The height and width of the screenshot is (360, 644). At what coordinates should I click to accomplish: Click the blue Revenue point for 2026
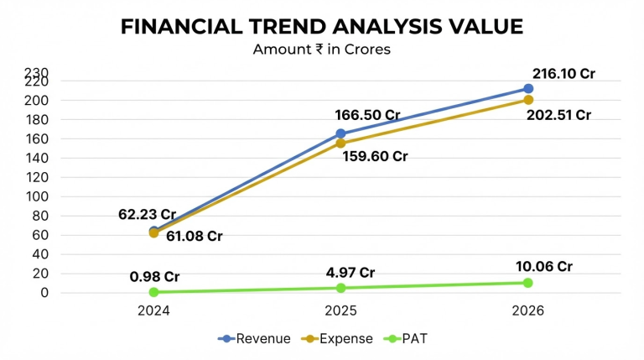528,89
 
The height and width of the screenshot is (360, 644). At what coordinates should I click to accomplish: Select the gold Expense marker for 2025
340,143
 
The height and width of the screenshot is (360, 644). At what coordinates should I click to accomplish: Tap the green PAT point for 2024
153,292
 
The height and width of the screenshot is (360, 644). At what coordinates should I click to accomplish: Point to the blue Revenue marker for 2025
340,133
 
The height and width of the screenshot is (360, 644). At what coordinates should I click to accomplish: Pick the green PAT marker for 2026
528,283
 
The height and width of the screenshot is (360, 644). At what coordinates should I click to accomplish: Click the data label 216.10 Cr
563,74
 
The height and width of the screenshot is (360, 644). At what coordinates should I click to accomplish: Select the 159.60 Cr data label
375,156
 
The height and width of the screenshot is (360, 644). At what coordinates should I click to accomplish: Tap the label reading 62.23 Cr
147,214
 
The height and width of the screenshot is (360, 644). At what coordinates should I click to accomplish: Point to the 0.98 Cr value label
154,277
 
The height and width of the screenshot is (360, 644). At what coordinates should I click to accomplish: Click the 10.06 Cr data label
543,266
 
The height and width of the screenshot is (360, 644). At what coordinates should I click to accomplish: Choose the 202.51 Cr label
558,115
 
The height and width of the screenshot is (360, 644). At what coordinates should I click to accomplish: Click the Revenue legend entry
254,339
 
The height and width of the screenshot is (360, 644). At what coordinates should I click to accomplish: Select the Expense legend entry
337,339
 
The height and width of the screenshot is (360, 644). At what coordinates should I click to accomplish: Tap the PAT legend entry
405,339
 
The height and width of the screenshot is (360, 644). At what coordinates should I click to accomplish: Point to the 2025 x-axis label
340,310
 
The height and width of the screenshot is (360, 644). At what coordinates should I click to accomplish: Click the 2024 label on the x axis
153,310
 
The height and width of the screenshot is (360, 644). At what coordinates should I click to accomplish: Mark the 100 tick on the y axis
38,196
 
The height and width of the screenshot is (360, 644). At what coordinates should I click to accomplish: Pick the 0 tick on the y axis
44,293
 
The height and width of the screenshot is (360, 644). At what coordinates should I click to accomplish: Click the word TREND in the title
287,27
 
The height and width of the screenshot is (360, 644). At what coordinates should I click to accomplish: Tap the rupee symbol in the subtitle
319,50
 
